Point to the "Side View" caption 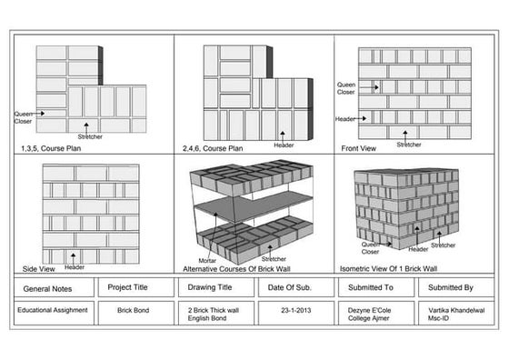[35, 270]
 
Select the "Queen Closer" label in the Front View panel [346, 88]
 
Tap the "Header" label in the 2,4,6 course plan [283, 145]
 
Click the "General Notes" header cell [47, 288]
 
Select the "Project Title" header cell [127, 287]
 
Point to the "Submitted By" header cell [456, 287]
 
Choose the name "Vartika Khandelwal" [457, 309]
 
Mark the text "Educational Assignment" [53, 309]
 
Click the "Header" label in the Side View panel [75, 267]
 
